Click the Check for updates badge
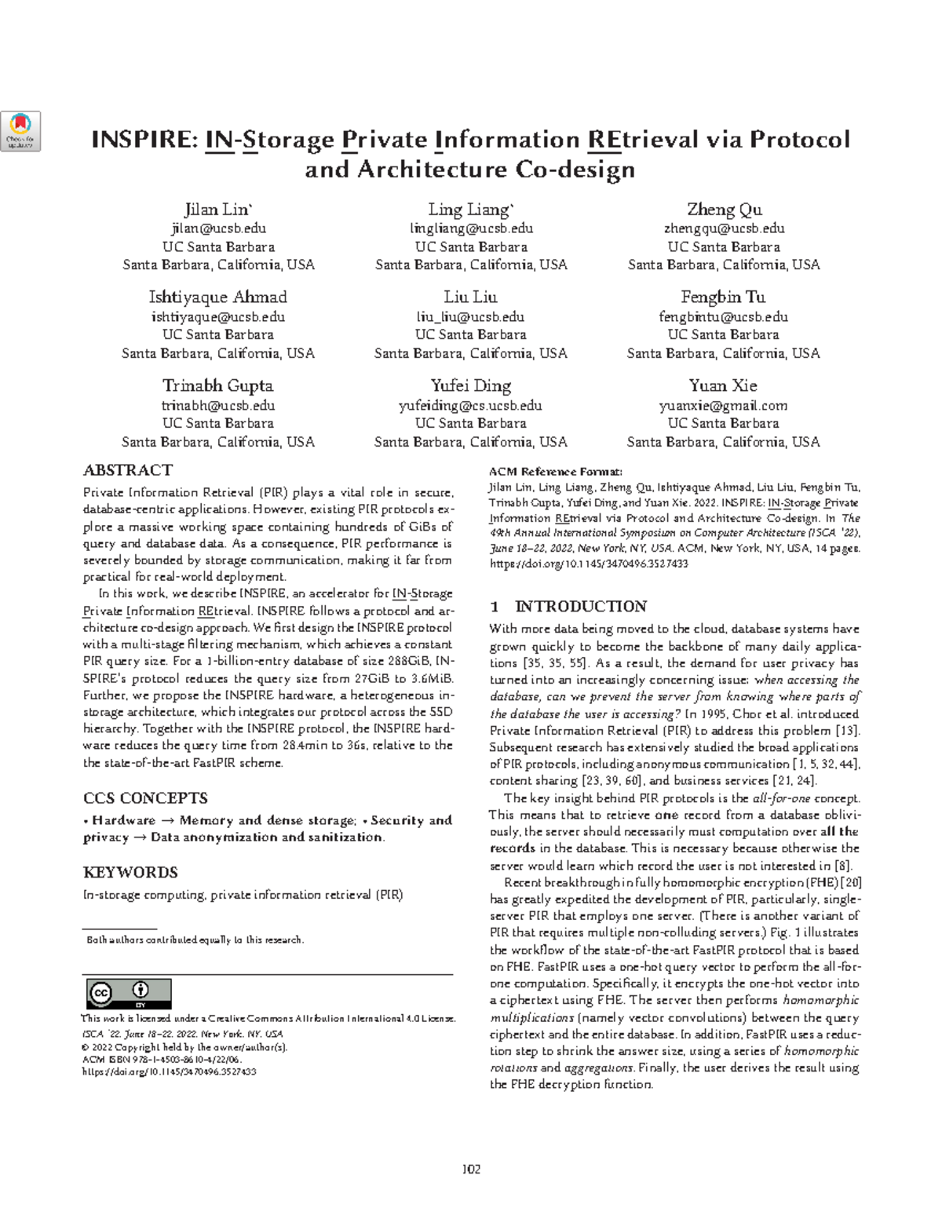tap(22, 131)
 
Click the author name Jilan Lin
tap(217, 210)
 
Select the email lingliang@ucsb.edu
tap(471, 228)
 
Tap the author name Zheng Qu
tap(724, 210)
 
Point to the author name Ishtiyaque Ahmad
tap(217, 297)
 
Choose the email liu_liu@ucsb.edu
tap(470, 317)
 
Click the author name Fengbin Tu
tap(723, 297)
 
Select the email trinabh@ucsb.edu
tap(217, 406)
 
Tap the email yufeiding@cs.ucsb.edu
tap(470, 406)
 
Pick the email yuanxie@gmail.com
tap(723, 406)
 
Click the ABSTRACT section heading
tap(127, 470)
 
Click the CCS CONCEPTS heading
tap(145, 798)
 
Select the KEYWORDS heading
tap(130, 872)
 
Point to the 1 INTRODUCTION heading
tap(568, 607)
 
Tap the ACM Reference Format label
tap(555, 472)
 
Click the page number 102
tap(471, 1169)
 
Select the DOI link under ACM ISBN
tap(169, 1071)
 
